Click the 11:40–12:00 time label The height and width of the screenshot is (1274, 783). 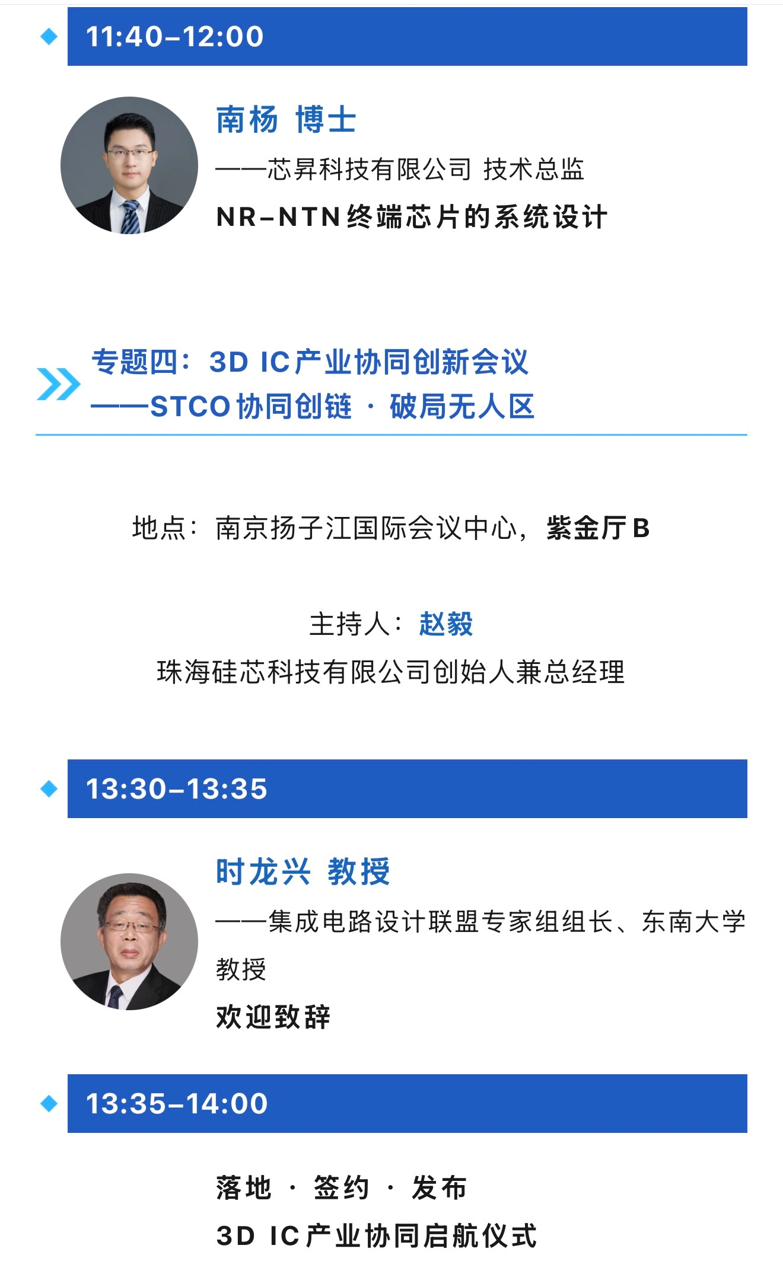coord(174,37)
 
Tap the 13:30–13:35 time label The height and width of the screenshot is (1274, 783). coord(177,789)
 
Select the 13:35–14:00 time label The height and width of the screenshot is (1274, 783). coord(177,1104)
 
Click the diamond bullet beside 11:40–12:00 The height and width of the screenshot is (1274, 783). coord(49,37)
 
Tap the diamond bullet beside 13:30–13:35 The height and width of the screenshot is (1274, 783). coord(49,789)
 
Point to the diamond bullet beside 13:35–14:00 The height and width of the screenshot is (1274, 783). coord(49,1104)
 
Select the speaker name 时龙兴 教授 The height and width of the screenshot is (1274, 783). coord(303,871)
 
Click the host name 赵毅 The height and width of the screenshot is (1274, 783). coord(446,624)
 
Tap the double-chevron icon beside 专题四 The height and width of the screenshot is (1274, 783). coord(58,384)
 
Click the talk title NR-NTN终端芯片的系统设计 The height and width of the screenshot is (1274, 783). coord(412,217)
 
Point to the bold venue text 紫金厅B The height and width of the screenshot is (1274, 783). coord(598,528)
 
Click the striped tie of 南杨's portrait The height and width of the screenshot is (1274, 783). coord(130,218)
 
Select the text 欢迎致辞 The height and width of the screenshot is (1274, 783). coord(273,1017)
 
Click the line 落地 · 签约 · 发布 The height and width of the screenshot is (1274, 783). coord(341,1188)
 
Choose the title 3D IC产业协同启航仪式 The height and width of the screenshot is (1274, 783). coord(377,1236)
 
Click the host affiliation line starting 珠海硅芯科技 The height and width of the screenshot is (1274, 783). coord(391,672)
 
